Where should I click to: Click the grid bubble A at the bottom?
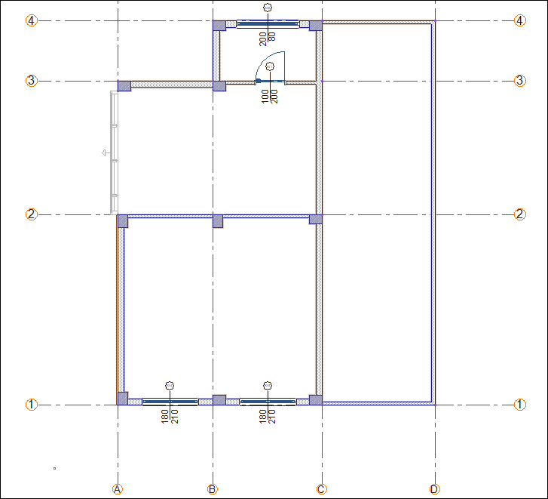pyautogui.click(x=118, y=489)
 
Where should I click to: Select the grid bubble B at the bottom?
pyautogui.click(x=212, y=489)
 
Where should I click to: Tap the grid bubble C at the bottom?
pyautogui.click(x=321, y=489)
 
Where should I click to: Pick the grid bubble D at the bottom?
pyautogui.click(x=434, y=489)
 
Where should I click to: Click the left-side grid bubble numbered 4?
pyautogui.click(x=32, y=20)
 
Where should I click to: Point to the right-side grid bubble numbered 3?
pyautogui.click(x=519, y=81)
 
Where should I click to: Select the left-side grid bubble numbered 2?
pyautogui.click(x=32, y=214)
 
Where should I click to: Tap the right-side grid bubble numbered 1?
pyautogui.click(x=519, y=404)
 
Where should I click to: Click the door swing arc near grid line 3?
pyautogui.click(x=265, y=58)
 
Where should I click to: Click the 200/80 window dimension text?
pyautogui.click(x=268, y=39)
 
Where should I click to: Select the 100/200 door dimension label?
pyautogui.click(x=269, y=96)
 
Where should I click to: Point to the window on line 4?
pyautogui.click(x=268, y=24)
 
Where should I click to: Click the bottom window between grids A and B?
pyautogui.click(x=170, y=402)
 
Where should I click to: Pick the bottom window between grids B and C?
pyautogui.click(x=268, y=402)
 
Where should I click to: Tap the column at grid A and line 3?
pyautogui.click(x=124, y=86)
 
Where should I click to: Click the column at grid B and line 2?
pyautogui.click(x=218, y=221)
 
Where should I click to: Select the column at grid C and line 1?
pyautogui.click(x=316, y=400)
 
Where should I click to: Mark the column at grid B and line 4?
pyautogui.click(x=219, y=26)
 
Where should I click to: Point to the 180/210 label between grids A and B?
pyautogui.click(x=170, y=417)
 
